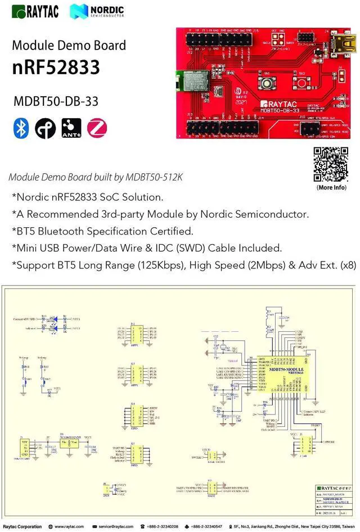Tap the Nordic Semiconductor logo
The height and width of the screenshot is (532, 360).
[97, 11]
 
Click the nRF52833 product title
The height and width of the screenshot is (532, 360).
[56, 67]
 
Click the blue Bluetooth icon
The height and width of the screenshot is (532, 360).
[21, 128]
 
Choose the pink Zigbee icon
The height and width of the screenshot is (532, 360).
[97, 128]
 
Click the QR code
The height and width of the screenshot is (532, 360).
[331, 164]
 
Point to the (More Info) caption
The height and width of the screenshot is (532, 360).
[331, 187]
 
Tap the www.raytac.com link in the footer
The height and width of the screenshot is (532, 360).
[69, 526]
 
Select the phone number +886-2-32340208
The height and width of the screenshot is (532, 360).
[163, 526]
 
